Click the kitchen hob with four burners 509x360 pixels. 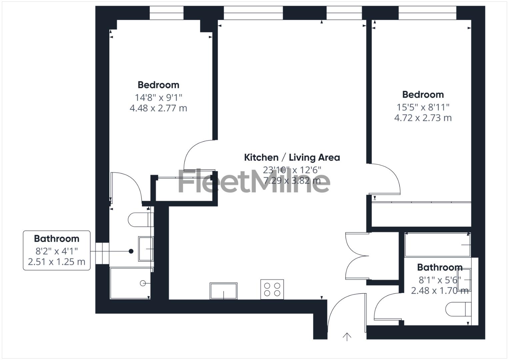tap(272, 289)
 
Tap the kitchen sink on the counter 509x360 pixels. tap(223, 291)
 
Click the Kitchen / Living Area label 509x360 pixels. tap(292, 157)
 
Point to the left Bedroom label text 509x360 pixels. tap(158, 85)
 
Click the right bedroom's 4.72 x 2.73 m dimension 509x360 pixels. tap(423, 118)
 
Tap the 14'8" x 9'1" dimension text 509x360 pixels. tap(158, 98)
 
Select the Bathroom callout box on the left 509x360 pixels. tap(57, 250)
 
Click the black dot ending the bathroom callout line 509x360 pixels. tap(131, 251)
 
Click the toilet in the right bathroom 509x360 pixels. tap(458, 309)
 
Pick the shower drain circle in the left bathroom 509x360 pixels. tap(143, 283)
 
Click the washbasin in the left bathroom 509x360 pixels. tap(146, 249)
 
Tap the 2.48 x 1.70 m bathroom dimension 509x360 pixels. tap(439, 291)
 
